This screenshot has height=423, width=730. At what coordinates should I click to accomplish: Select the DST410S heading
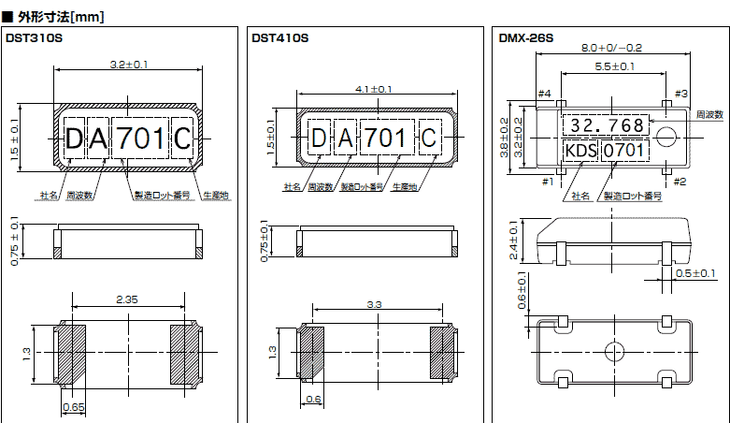tap(279, 38)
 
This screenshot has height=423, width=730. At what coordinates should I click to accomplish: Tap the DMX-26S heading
tap(526, 38)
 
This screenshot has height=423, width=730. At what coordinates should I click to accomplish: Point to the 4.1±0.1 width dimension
tap(374, 89)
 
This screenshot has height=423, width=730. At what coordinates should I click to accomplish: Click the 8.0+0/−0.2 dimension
tap(611, 48)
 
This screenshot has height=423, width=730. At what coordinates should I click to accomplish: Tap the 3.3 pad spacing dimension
tap(374, 305)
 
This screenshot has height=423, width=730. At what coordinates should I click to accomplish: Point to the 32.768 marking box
tap(607, 125)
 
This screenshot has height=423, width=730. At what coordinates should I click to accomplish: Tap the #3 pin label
tap(680, 94)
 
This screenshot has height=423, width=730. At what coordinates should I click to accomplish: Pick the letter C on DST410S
tap(429, 139)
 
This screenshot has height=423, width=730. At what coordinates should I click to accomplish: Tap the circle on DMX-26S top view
tap(666, 137)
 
